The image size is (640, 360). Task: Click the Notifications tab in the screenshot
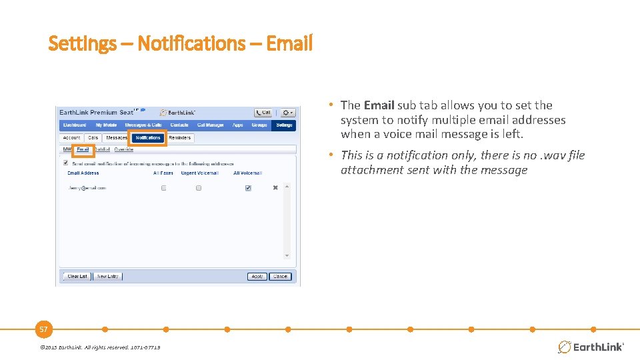147,138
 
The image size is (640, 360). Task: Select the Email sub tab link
83,149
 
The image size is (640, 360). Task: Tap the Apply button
257,276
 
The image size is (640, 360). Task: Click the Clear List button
77,276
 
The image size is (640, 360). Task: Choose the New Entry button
107,276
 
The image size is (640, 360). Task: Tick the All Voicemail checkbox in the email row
248,188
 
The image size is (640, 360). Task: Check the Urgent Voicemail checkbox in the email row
199,188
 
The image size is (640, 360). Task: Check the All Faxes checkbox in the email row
163,188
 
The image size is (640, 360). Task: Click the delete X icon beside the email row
275,188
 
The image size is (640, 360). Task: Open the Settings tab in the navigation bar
284,125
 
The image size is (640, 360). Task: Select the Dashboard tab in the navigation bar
74,125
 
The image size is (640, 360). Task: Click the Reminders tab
179,138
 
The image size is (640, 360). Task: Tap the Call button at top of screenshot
263,113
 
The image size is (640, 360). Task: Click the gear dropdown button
287,113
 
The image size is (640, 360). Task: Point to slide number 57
43,329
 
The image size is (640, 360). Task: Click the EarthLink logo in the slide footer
591,347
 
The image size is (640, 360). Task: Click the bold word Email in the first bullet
379,105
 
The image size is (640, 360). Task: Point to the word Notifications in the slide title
200,44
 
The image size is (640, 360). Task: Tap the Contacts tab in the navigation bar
179,125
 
